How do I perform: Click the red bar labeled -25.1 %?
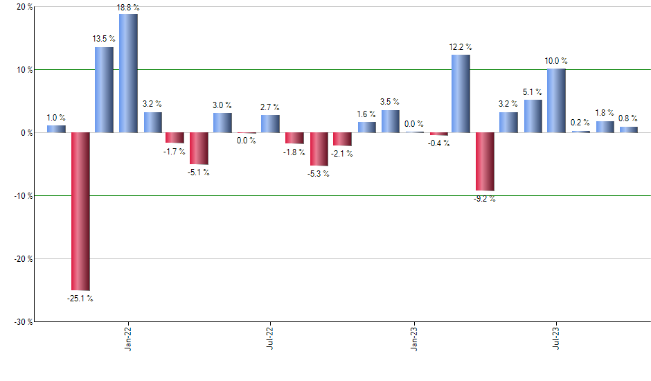click(x=80, y=211)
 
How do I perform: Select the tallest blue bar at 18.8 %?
click(x=128, y=73)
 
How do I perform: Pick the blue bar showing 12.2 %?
click(x=461, y=94)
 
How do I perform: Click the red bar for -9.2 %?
click(x=485, y=161)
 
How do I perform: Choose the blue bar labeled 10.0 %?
click(x=556, y=100)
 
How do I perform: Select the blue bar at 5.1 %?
click(x=533, y=116)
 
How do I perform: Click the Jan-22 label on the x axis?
click(x=128, y=339)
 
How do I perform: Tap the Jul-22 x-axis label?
click(x=270, y=339)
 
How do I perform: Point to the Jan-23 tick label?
click(x=413, y=339)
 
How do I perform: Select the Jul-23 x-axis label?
click(x=556, y=339)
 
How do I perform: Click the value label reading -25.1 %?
click(x=80, y=299)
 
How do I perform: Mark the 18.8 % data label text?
click(x=128, y=6)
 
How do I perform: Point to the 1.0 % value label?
click(x=56, y=118)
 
